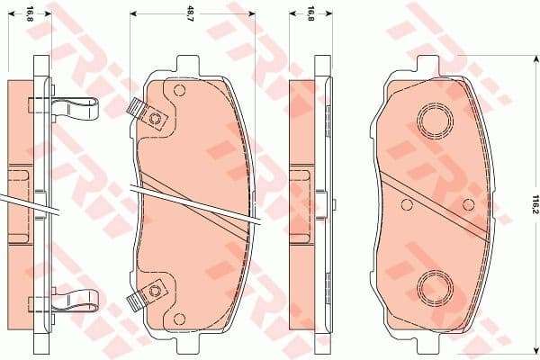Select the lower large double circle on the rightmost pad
click(436, 286)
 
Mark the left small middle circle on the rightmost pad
click(407, 202)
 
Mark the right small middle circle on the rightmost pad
click(467, 202)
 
